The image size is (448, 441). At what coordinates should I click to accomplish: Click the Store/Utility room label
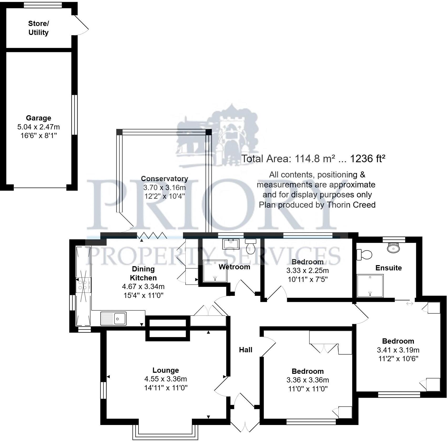click(x=38, y=28)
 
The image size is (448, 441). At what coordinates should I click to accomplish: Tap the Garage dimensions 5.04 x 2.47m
click(x=38, y=127)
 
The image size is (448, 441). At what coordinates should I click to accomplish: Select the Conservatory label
click(x=164, y=179)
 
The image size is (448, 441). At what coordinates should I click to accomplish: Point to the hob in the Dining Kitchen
click(x=83, y=285)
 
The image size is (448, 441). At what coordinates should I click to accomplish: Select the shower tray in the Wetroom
click(x=215, y=271)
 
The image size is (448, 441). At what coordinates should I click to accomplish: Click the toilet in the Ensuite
click(x=365, y=254)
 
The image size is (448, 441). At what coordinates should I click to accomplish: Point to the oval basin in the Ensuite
click(x=393, y=248)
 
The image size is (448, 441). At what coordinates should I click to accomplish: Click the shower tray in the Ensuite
click(x=370, y=286)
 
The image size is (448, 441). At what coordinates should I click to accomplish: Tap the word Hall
click(x=246, y=350)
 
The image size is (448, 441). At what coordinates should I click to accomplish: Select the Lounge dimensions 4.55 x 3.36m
click(x=165, y=379)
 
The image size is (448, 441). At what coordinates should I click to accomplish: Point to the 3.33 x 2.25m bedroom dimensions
click(x=307, y=271)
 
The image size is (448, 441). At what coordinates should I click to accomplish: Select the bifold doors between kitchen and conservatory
click(x=152, y=235)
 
